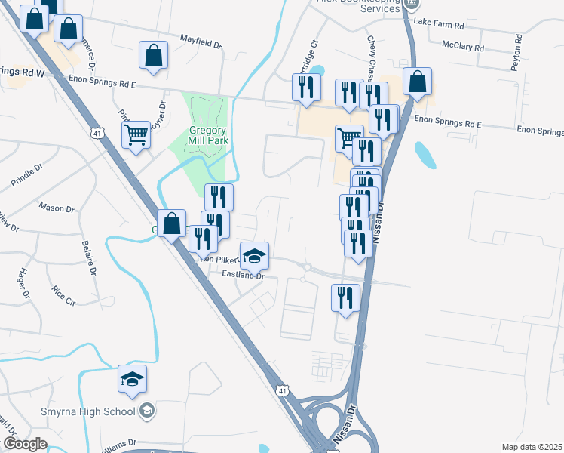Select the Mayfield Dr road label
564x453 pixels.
tap(200, 40)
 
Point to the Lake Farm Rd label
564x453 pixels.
tap(443, 24)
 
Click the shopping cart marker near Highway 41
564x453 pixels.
tap(136, 136)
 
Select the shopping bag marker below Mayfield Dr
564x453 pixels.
tap(153, 57)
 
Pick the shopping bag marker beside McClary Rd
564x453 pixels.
tap(417, 82)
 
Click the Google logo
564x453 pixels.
tap(25, 444)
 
